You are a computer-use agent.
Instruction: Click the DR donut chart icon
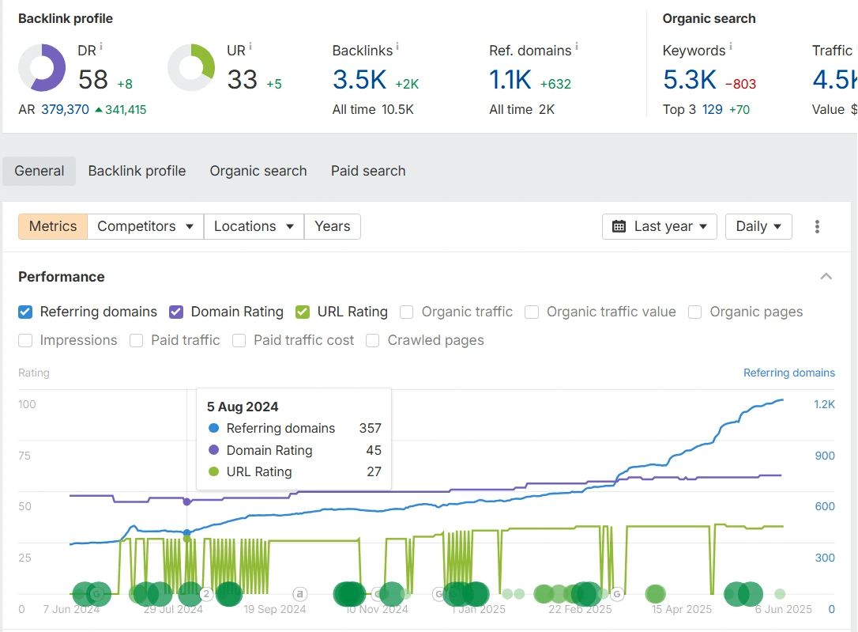pos(42,68)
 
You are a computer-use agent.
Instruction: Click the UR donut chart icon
pos(191,68)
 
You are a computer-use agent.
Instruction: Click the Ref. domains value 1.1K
pos(510,80)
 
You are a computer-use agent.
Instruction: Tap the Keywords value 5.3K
pos(689,80)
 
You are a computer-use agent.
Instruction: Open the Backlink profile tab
pos(137,171)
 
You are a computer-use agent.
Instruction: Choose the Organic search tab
pos(258,171)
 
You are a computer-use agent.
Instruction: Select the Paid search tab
pos(368,171)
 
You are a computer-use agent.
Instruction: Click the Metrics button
pos(53,226)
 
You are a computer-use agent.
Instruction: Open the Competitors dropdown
pos(145,226)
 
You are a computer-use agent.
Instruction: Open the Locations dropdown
pos(254,226)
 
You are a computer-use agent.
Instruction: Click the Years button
pos(333,226)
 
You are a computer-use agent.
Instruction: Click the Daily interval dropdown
pos(758,226)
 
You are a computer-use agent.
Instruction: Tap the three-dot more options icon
pos(817,227)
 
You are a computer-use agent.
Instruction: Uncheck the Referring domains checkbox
pos(25,312)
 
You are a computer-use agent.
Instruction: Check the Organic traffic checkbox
pos(407,312)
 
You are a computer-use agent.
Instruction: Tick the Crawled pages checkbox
pos(373,340)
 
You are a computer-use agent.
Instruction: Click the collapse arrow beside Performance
pos(826,277)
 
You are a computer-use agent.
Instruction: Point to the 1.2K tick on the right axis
pos(825,404)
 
